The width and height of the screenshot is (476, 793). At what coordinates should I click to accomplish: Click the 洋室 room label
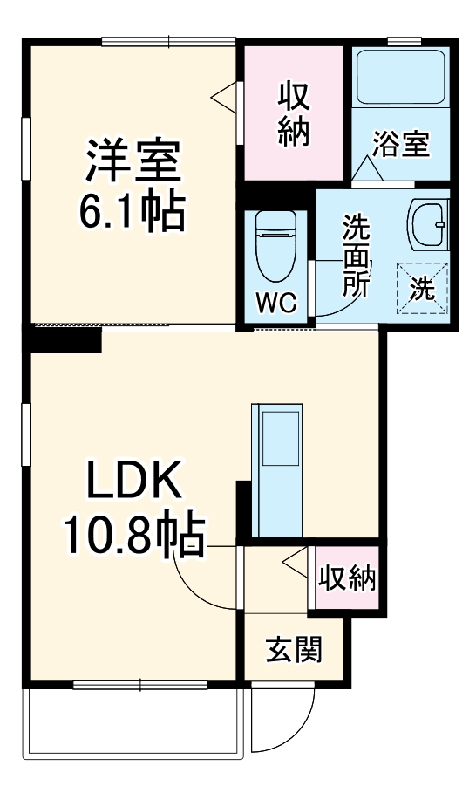click(132, 159)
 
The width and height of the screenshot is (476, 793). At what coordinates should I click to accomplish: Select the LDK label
click(132, 481)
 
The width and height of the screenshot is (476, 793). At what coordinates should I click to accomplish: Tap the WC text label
click(276, 303)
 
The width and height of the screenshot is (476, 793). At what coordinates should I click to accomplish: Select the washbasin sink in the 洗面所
click(427, 225)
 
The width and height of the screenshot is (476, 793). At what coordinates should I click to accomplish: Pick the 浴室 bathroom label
click(400, 144)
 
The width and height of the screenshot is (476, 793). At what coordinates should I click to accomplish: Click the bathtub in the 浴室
click(400, 78)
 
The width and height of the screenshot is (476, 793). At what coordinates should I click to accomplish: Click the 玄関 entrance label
click(294, 648)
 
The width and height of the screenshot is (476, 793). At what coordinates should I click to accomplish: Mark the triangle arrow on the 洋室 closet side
click(225, 97)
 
